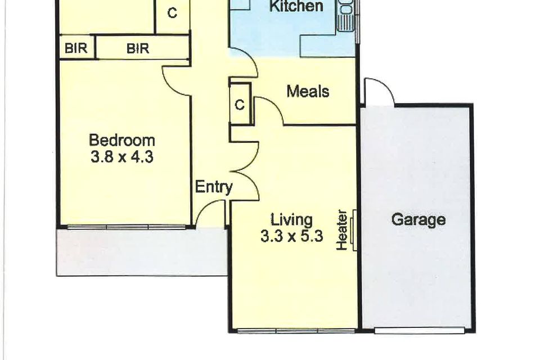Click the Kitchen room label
296,7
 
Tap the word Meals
308,91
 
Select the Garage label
418,219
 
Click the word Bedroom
122,140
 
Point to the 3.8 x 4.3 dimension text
122,157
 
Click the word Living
291,219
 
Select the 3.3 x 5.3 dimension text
291,237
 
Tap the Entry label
213,187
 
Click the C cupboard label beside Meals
240,105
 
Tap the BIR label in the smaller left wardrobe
76,49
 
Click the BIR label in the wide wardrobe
137,49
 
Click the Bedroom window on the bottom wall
125,227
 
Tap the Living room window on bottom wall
296,330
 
